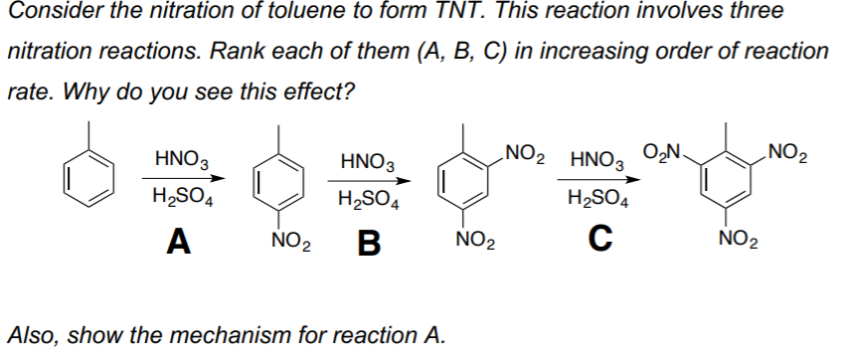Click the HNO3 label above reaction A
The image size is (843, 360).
pos(181,156)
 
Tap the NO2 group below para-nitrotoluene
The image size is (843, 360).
pos(288,238)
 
